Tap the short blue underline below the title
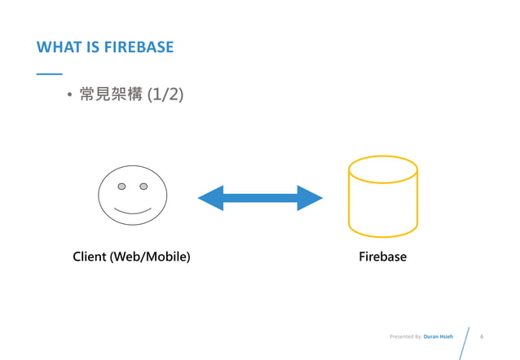point(49,74)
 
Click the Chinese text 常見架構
point(109,96)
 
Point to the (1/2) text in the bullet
point(165,96)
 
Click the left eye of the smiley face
point(121,187)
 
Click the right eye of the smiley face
point(143,187)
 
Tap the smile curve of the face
point(132,211)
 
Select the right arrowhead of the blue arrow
point(309,198)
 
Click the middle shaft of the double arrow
point(260,198)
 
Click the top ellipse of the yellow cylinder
point(382,168)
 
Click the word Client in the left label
point(90,257)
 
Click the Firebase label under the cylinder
point(382,257)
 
